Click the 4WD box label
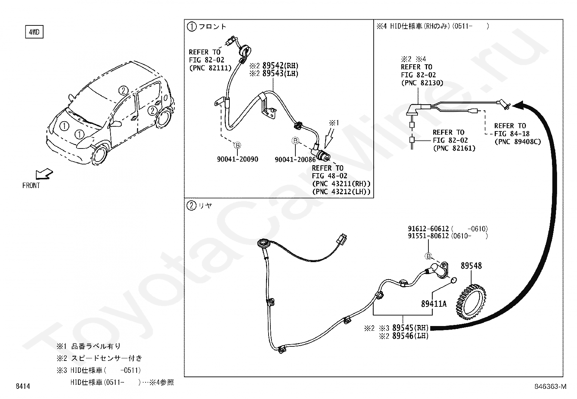tap(34, 32)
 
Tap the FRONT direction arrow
tap(44, 174)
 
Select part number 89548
tap(471, 266)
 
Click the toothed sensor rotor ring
tap(469, 298)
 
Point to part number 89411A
tap(433, 304)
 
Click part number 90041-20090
tap(237, 159)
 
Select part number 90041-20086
tap(295, 159)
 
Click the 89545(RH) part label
tap(410, 328)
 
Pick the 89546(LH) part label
tap(410, 336)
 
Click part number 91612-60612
tap(428, 229)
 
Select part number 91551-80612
tap(428, 236)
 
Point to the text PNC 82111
tap(210, 68)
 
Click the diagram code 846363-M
tap(550, 387)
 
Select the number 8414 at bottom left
tap(23, 387)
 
